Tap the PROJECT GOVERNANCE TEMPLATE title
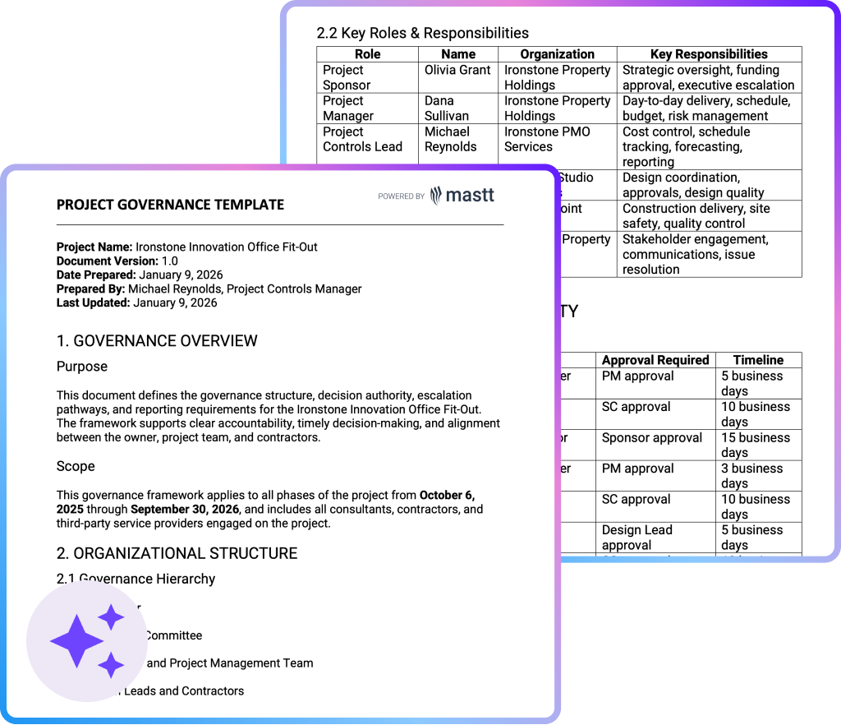[x=170, y=205]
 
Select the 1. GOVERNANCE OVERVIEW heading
[x=157, y=340]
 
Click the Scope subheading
[x=76, y=466]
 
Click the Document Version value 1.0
[x=170, y=261]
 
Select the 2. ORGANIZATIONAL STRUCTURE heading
[x=177, y=552]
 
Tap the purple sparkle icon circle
[x=87, y=641]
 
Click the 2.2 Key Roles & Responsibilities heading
[x=422, y=33]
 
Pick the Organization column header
[x=557, y=54]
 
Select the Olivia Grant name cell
[x=457, y=71]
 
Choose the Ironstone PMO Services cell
[x=547, y=139]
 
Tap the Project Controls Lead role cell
[x=362, y=139]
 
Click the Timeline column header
[x=758, y=360]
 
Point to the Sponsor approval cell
[x=651, y=438]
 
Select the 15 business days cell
[x=755, y=445]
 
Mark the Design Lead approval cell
[x=636, y=538]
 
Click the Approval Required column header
[x=655, y=360]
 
